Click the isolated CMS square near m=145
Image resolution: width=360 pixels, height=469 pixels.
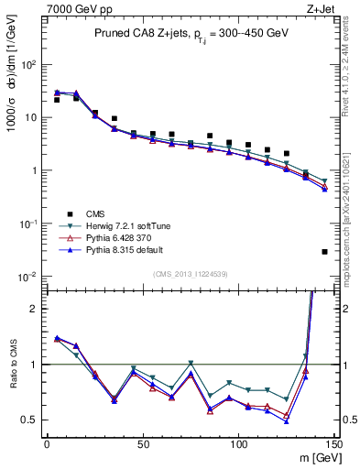pos(325,251)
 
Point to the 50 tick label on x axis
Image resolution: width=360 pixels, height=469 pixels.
pos(143,443)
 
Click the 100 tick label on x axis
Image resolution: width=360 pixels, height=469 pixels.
pos(239,443)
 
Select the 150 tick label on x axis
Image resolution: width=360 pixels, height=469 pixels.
pos(334,443)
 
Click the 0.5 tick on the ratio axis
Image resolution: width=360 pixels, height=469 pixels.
pos(32,420)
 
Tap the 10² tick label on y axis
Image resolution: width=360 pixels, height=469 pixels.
pos(31,65)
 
